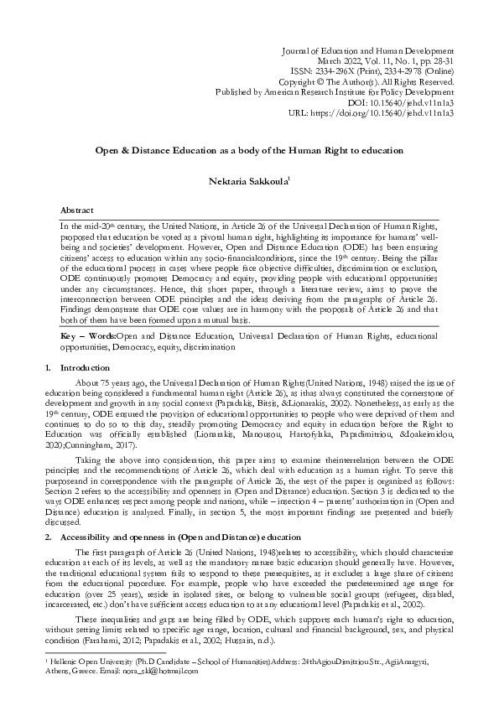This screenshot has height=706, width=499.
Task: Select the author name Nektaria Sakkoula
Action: click(x=247, y=179)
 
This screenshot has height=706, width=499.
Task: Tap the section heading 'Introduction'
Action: click(x=86, y=368)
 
